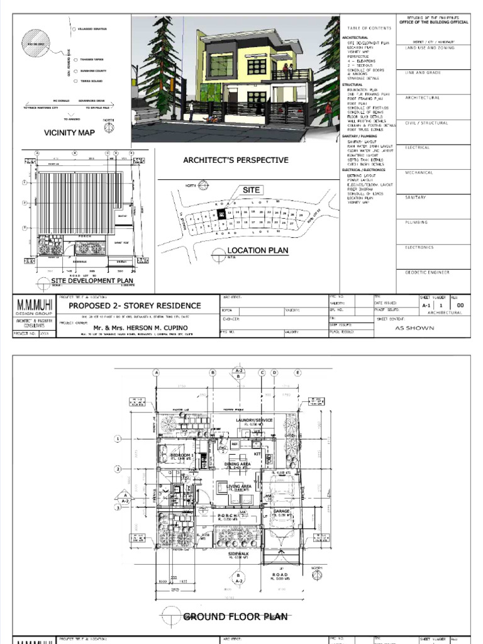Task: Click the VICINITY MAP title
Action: click(x=69, y=133)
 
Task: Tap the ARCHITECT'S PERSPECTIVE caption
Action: click(x=236, y=160)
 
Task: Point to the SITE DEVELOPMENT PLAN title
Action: click(x=92, y=281)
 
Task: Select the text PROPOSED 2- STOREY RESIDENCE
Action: click(x=135, y=306)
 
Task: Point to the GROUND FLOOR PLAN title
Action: click(x=229, y=617)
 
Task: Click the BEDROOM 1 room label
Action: click(x=182, y=454)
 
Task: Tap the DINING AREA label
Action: click(x=238, y=464)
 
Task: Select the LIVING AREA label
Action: click(x=239, y=486)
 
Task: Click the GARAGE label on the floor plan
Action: click(x=281, y=511)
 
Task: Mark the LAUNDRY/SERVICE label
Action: click(x=254, y=419)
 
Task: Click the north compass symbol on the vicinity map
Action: click(x=109, y=126)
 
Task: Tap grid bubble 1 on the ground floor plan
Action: click(x=118, y=438)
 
